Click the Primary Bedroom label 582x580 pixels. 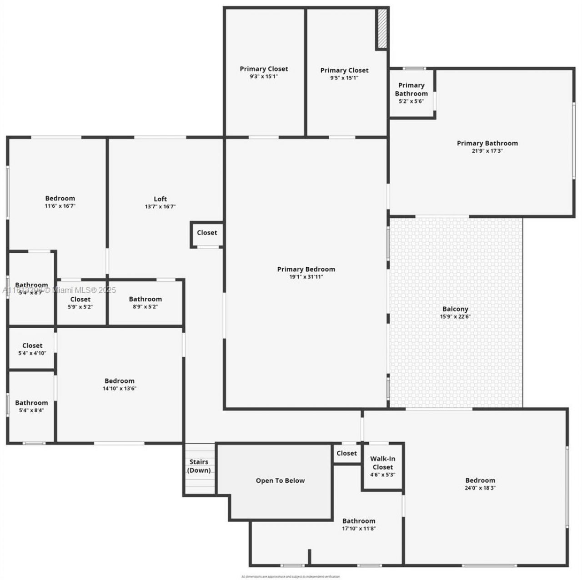click(x=306, y=269)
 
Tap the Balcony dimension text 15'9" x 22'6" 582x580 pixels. click(x=455, y=317)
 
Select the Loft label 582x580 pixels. click(x=160, y=199)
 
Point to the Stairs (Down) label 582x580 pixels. click(x=199, y=466)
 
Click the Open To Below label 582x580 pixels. click(x=280, y=480)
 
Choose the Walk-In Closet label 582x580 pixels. click(x=382, y=463)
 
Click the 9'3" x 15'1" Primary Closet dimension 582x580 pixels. click(x=264, y=76)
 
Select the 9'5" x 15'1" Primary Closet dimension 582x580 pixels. click(x=344, y=78)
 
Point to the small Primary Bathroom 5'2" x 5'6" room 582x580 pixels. click(x=411, y=93)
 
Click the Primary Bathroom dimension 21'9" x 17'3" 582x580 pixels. click(x=487, y=151)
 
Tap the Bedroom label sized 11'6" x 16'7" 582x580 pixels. click(x=60, y=198)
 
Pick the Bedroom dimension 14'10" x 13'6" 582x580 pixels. click(x=120, y=389)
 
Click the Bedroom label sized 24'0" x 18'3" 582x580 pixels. click(x=480, y=480)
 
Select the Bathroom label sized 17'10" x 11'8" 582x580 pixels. click(x=359, y=521)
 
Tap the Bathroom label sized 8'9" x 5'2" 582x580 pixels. click(x=145, y=299)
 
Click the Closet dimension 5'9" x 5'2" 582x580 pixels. click(x=80, y=307)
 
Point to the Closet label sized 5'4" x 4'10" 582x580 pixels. click(x=32, y=345)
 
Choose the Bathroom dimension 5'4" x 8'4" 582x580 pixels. click(x=31, y=410)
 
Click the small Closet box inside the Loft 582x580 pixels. click(x=207, y=233)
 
